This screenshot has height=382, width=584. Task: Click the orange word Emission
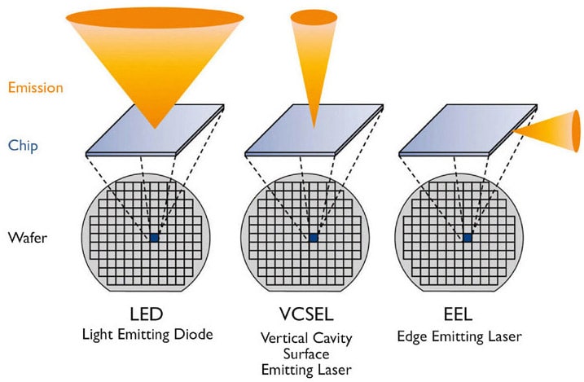[35, 87]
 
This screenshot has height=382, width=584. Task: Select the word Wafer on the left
[26, 238]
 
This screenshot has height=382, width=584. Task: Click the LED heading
[152, 314]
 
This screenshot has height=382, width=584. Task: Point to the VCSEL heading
[312, 315]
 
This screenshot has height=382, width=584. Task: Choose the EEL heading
[467, 314]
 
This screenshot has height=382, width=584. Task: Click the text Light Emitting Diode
[153, 335]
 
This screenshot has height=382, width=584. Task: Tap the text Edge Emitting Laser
[467, 335]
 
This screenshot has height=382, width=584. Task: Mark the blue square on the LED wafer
[154, 238]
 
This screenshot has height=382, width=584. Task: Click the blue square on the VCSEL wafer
[314, 238]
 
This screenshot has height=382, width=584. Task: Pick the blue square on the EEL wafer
[468, 238]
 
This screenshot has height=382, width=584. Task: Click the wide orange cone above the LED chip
[155, 57]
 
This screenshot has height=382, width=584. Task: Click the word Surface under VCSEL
[312, 355]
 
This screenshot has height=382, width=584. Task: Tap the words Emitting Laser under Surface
[312, 370]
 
